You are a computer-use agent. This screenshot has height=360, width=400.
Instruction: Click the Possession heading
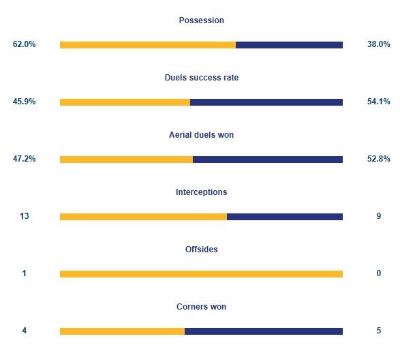click(x=201, y=20)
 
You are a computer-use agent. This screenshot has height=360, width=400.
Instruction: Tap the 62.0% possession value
click(x=25, y=44)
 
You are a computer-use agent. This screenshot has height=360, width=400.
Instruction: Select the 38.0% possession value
click(x=379, y=44)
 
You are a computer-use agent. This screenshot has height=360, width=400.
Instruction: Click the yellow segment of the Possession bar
click(x=148, y=45)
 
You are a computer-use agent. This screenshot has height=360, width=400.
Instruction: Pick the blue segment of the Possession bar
click(x=289, y=45)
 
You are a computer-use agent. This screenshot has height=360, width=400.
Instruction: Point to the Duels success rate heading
click(x=202, y=77)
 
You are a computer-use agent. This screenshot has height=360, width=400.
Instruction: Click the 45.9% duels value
click(x=25, y=102)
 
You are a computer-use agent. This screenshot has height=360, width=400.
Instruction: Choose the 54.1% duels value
click(x=379, y=102)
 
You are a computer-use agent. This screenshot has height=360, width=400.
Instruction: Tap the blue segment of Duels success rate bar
click(x=266, y=102)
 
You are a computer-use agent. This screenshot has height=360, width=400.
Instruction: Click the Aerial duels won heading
click(x=201, y=134)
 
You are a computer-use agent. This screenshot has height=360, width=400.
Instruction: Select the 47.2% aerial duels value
click(x=25, y=159)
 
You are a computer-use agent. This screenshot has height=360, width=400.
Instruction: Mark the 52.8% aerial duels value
click(x=379, y=159)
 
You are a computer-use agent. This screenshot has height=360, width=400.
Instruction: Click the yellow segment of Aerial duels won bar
click(x=126, y=160)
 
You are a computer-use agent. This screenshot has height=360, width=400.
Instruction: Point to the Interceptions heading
click(x=201, y=192)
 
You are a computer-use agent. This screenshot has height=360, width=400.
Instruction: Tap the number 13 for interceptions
click(x=25, y=216)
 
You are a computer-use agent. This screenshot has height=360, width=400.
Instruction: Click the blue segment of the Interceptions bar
click(x=285, y=217)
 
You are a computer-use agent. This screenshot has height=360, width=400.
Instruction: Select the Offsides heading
click(x=201, y=249)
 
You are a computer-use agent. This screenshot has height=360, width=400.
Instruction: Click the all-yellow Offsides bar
click(x=201, y=274)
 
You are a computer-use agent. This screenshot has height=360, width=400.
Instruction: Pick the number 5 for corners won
click(x=379, y=331)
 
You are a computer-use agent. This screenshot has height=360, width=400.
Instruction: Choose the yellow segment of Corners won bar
click(x=122, y=331)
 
